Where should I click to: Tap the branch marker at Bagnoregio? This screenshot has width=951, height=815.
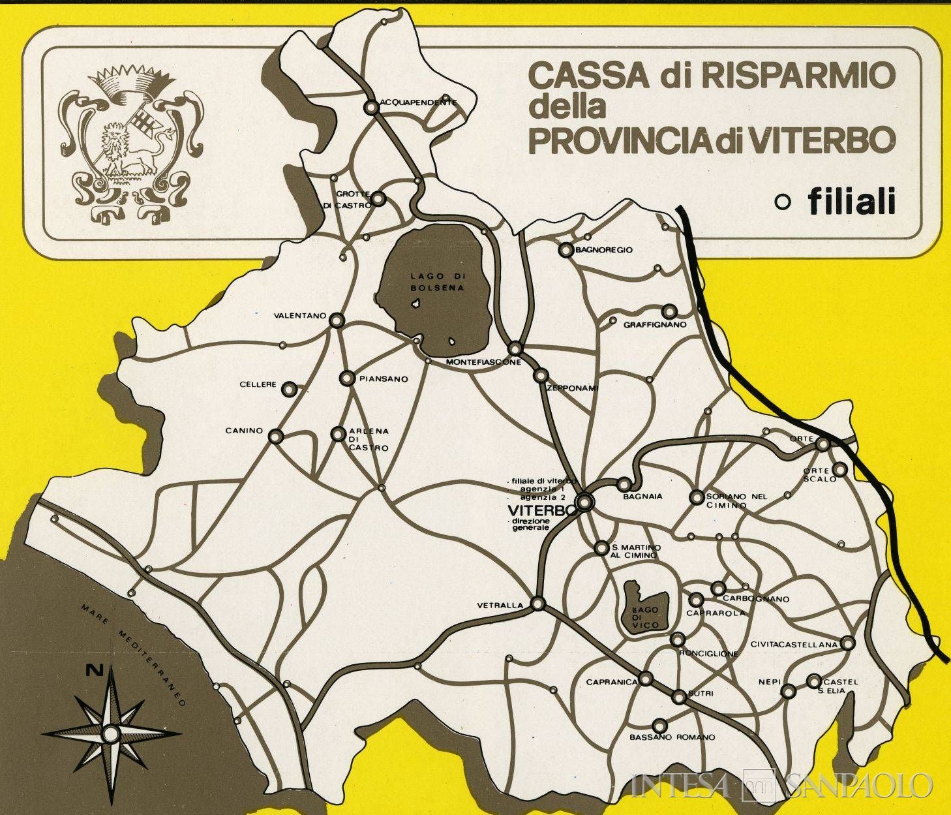[565, 250]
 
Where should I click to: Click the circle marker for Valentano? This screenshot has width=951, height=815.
[337, 319]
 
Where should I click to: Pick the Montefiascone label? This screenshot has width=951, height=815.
[483, 361]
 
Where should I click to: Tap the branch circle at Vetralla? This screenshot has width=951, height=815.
[538, 604]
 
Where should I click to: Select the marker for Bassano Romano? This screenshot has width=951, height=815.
[659, 724]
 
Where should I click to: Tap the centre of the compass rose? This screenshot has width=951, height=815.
[112, 733]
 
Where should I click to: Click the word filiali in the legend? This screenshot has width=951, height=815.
[851, 202]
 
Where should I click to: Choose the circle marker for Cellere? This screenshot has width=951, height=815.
[289, 389]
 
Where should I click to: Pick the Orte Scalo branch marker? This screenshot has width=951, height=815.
[840, 469]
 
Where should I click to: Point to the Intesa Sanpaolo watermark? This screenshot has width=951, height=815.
[783, 785]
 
